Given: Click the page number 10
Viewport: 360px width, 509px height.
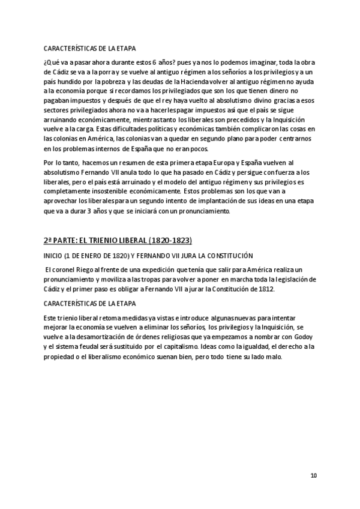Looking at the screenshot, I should coord(313,476).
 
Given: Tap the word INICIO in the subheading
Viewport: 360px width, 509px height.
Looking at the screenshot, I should coord(53,255).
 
